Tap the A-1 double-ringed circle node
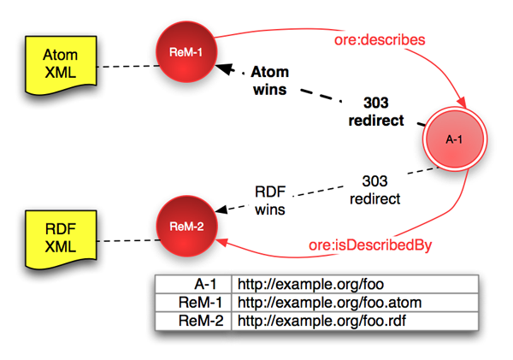point(455,139)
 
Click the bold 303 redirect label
point(376,111)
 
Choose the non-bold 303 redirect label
point(376,188)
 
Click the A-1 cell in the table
point(193,285)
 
